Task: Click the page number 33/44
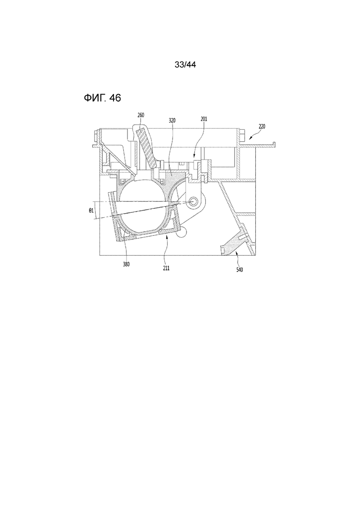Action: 185,65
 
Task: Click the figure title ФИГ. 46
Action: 102,98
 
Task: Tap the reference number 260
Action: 141,115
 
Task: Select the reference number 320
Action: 172,120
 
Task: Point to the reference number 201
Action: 204,119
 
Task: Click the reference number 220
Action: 262,126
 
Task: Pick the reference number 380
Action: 126,264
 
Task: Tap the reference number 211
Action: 166,268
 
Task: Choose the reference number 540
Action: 240,269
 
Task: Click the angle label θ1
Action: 91,210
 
